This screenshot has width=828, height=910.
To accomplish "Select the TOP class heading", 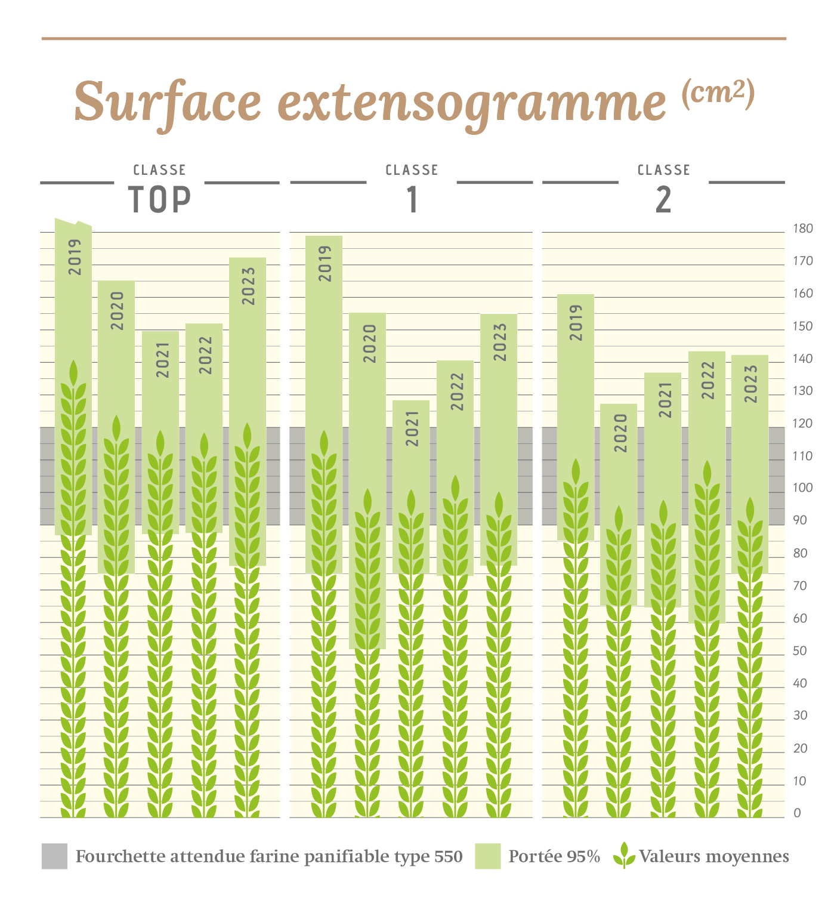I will click(160, 199).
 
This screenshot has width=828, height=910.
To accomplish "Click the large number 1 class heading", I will click(412, 199).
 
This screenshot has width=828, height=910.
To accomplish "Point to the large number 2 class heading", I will click(663, 199).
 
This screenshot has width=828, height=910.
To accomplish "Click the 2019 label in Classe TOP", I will click(75, 257).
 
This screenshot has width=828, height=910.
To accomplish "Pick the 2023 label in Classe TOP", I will click(248, 286).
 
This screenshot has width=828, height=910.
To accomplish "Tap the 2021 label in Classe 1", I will click(412, 428).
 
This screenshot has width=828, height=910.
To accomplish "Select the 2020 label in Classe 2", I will click(620, 433).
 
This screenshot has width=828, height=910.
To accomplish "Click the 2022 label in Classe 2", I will click(707, 380).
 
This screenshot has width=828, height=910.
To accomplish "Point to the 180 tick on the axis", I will click(802, 229).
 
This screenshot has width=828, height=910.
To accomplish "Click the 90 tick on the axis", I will click(800, 520).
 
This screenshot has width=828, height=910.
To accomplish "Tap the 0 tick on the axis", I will click(797, 813).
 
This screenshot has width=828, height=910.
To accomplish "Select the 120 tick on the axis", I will click(802, 423).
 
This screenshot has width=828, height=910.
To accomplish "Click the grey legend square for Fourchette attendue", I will click(54, 856).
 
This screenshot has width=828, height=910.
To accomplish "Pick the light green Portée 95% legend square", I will click(487, 856).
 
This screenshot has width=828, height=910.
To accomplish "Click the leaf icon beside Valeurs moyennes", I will click(624, 856).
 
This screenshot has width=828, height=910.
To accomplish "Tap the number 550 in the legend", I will click(448, 857).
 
